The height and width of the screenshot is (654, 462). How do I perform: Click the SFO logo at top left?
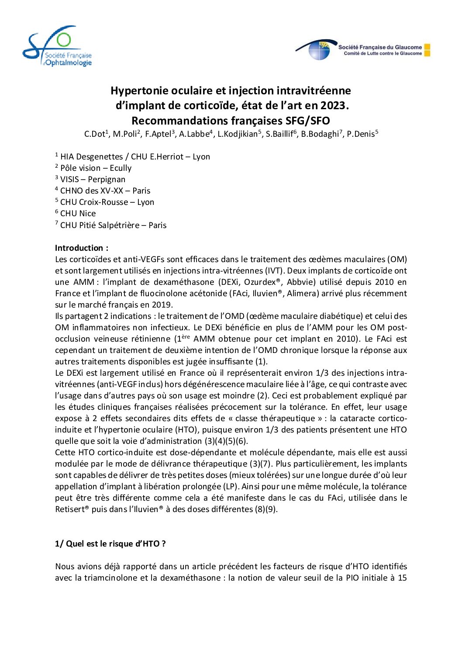pyautogui.click(x=57, y=46)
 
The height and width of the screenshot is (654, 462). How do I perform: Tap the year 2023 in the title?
pyautogui.click(x=333, y=106)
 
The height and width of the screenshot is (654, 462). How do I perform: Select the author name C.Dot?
pyautogui.click(x=95, y=134)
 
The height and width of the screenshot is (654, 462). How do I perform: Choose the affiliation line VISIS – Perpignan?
pyautogui.click(x=93, y=180)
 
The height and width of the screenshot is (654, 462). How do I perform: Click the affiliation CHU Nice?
pyautogui.click(x=78, y=214)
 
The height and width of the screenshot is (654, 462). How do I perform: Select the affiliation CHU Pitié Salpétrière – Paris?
pyautogui.click(x=113, y=225)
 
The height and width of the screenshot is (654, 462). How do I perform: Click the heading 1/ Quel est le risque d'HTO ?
pyautogui.click(x=110, y=544)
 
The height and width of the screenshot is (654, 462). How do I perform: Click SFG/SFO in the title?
pyautogui.click(x=307, y=121)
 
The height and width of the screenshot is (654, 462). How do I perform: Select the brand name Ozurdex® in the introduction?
pyautogui.click(x=262, y=282)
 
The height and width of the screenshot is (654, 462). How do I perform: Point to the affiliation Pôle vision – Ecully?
pyautogui.click(x=96, y=168)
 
